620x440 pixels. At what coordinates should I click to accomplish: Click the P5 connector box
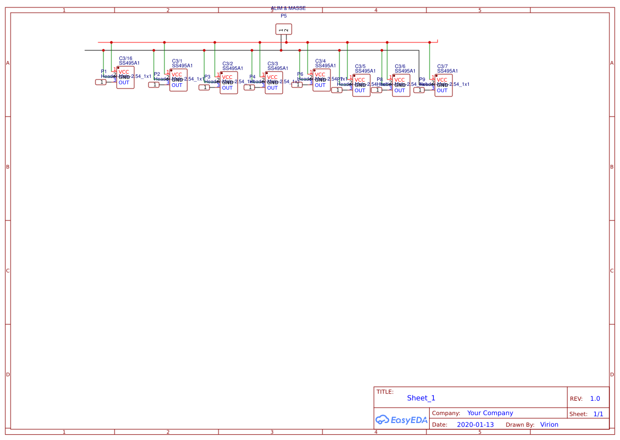284,30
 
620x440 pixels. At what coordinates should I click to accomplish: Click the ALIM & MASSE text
288,8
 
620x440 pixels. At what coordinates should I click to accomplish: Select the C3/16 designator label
126,58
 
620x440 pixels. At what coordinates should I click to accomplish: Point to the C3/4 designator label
320,61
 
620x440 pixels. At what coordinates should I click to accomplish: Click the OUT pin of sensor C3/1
177,85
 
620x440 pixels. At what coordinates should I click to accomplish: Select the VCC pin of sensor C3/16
124,72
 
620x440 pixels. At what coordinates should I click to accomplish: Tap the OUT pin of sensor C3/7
442,91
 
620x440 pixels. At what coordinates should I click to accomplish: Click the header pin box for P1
101,82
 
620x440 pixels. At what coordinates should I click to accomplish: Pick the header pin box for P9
419,90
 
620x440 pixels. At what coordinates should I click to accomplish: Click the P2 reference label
157,74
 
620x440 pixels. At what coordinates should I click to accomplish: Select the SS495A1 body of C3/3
274,83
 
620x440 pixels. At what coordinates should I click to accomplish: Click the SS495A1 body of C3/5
361,85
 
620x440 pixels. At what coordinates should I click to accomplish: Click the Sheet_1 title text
421,398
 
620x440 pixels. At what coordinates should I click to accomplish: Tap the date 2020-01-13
475,425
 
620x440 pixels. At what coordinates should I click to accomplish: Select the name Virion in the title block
549,425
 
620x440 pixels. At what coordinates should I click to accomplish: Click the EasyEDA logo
401,420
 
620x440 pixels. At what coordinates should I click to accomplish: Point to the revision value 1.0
595,399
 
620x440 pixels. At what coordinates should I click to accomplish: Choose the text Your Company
490,413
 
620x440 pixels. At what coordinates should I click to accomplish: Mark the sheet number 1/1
598,414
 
